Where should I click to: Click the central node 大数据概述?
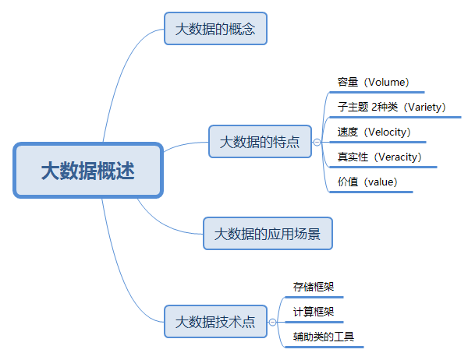click(87, 170)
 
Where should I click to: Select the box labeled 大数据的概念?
click(215, 29)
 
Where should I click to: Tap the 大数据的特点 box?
click(260, 142)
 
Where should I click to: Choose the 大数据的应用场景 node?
click(268, 233)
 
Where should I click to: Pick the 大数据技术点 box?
click(215, 321)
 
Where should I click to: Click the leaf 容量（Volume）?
click(374, 82)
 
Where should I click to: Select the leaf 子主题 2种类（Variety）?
click(390, 107)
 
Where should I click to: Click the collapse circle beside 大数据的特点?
click(317, 143)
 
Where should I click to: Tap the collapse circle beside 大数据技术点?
click(273, 322)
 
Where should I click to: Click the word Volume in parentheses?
click(387, 82)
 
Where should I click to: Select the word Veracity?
click(398, 157)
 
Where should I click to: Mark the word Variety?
click(427, 107)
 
